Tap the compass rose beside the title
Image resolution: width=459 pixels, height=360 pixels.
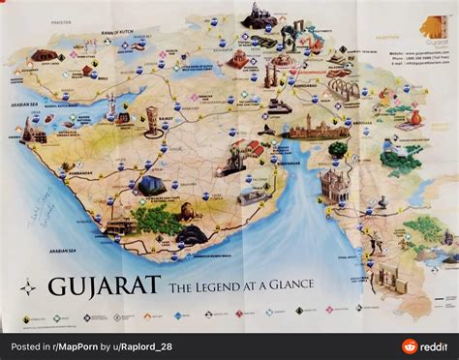[x=28, y=286]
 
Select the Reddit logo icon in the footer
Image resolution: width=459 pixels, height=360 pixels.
[x=409, y=346]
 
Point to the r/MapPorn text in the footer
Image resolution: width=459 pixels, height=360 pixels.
[x=76, y=346]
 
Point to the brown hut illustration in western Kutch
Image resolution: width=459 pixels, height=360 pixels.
[x=43, y=56]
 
